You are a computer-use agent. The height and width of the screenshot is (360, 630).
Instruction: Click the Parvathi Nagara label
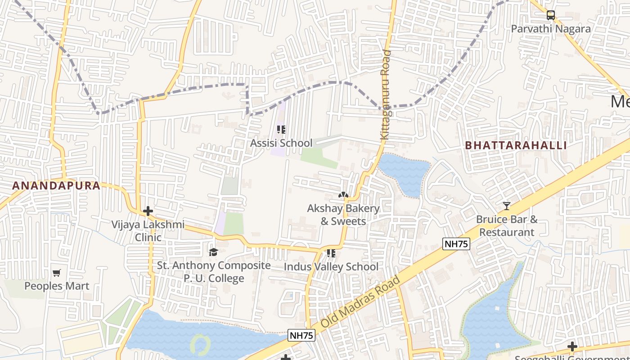pos(550,29)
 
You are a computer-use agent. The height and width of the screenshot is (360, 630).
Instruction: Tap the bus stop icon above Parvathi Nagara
pos(550,15)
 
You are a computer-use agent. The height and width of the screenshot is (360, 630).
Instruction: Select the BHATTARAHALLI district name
pos(516,145)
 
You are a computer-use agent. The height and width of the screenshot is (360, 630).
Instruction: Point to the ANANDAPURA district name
pos(56,185)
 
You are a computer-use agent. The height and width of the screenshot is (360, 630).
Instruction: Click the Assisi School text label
pos(281,143)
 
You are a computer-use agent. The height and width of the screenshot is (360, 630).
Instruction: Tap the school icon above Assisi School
pos(281,130)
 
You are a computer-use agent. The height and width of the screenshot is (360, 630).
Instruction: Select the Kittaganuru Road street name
pos(386,94)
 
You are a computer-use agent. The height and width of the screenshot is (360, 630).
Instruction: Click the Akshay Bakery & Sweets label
pos(343,215)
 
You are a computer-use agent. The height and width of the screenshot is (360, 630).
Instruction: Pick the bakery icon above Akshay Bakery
pos(343,195)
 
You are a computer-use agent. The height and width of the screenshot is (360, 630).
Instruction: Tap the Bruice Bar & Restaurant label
pos(507,226)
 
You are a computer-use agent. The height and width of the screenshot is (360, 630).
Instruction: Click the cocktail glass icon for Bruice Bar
pos(507,206)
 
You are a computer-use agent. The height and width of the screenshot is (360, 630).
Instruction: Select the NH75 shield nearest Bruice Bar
pos(456,244)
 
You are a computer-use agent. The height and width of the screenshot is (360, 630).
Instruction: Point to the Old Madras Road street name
pos(361,302)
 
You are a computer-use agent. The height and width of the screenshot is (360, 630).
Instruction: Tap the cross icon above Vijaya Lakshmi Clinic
pos(148,211)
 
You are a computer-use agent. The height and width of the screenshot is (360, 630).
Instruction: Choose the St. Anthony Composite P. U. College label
pos(214,272)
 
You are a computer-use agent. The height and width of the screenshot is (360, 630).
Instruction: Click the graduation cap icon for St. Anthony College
pos(213,252)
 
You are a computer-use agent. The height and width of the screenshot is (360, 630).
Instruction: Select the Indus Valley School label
pos(331,267)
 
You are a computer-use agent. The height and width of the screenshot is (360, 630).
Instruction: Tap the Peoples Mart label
pos(57,286)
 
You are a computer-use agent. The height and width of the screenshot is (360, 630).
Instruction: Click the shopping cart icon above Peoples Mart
pos(57,273)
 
